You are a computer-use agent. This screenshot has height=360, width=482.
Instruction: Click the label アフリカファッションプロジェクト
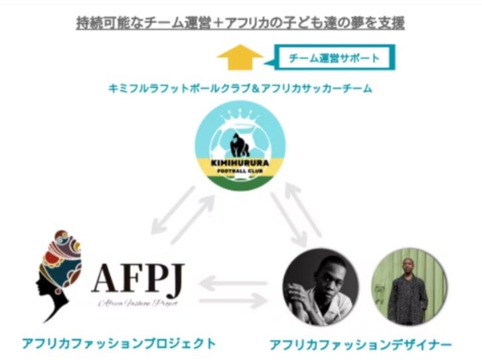pyautogui.click(x=119, y=343)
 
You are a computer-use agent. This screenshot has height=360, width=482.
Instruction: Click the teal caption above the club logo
pyautogui.click(x=241, y=88)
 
